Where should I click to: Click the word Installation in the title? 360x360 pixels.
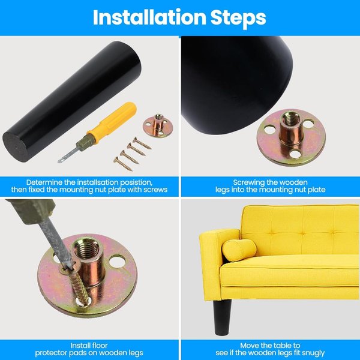[149, 17]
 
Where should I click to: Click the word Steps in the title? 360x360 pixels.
[238, 19]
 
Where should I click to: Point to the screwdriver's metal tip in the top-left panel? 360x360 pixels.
[60, 161]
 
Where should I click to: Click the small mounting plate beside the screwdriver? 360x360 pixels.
[158, 126]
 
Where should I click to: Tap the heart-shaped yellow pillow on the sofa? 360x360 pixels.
[239, 250]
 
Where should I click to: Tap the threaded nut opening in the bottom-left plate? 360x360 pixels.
[87, 248]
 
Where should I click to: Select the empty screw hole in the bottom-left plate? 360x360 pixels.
[117, 262]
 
